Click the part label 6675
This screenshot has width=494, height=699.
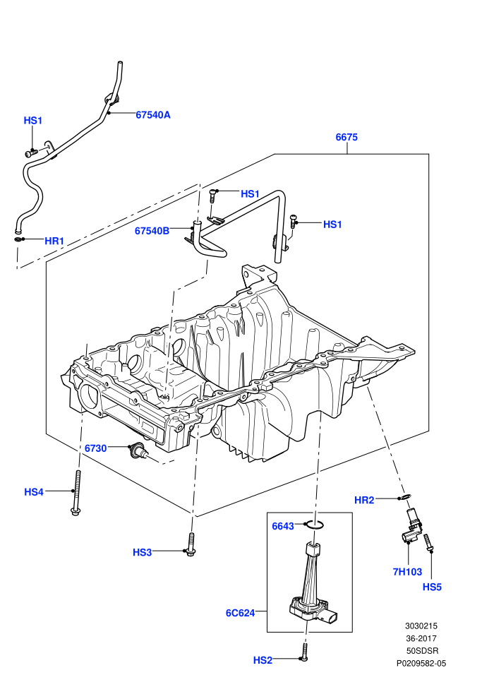point(346,137)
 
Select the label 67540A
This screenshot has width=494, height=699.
point(153,114)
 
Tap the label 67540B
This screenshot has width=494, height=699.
point(152,230)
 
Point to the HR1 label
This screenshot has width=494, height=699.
point(54,241)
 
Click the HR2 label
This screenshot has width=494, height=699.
point(364,500)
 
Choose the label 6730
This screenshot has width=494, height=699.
point(96,448)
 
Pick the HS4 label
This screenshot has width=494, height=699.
point(34,491)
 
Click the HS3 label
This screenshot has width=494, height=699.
point(142,552)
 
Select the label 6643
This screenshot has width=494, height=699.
point(283,526)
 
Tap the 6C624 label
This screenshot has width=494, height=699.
point(240,613)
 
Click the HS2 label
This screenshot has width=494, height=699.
point(263,660)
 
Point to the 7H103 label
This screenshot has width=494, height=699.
point(407,571)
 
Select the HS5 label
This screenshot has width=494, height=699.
point(432,587)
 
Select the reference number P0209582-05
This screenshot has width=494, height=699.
point(421,663)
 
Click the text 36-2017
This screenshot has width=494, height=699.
point(421,638)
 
